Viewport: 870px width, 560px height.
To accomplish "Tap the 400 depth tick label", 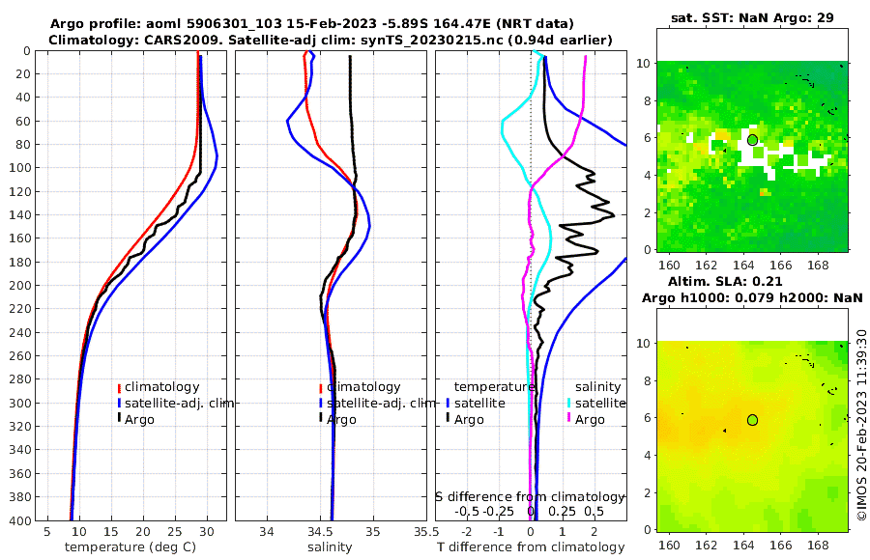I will (18, 520).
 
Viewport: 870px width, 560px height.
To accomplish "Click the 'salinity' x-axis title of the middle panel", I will (330, 547).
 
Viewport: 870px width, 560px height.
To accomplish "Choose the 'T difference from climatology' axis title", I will (530, 547).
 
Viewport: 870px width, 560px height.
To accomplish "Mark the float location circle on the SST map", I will (752, 140).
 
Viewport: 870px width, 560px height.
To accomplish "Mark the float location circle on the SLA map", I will (752, 420).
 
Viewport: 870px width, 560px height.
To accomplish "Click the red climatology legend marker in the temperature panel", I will (120, 387).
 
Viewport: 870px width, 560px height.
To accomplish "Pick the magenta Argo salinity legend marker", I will (569, 419).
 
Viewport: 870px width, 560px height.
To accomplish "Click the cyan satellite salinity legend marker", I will (569, 403).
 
